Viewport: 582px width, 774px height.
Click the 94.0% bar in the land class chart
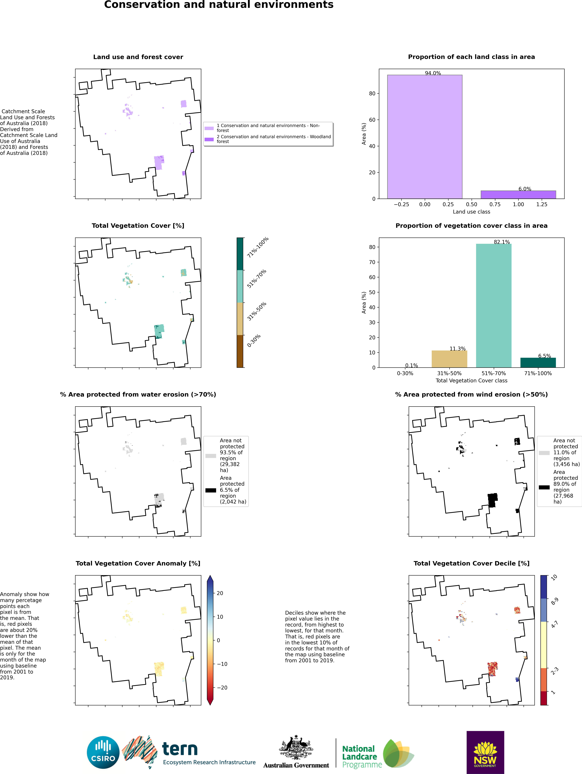[x=424, y=136]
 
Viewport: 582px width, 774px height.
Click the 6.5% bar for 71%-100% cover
[x=538, y=362]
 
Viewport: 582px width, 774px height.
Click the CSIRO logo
[x=103, y=752]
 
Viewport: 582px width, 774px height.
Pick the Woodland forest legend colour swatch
[x=209, y=139]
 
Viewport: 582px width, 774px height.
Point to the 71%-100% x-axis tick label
[x=538, y=373]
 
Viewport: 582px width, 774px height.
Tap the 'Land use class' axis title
[x=471, y=212]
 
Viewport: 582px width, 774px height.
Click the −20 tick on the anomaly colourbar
[x=222, y=688]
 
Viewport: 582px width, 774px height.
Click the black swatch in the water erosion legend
[x=211, y=490]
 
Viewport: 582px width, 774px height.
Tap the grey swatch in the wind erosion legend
[x=544, y=453]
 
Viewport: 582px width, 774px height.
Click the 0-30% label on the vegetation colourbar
[x=254, y=341]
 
